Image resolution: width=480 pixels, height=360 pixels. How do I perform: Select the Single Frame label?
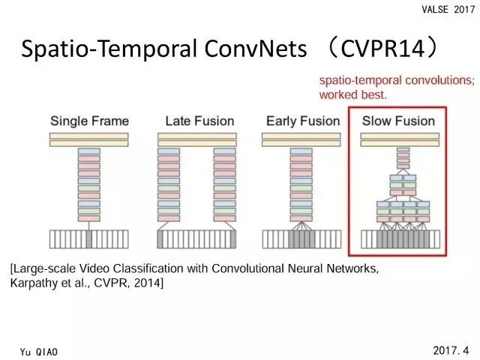[x=89, y=121]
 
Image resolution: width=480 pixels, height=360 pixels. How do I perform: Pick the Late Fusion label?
[x=199, y=121]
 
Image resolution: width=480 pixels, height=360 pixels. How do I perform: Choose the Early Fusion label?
[x=303, y=121]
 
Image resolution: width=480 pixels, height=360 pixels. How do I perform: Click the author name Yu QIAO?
[x=39, y=350]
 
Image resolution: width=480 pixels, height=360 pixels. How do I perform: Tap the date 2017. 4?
[x=451, y=349]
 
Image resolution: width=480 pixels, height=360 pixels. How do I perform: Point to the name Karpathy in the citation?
[x=34, y=284]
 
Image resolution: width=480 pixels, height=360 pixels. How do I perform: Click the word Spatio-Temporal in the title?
[x=102, y=49]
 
